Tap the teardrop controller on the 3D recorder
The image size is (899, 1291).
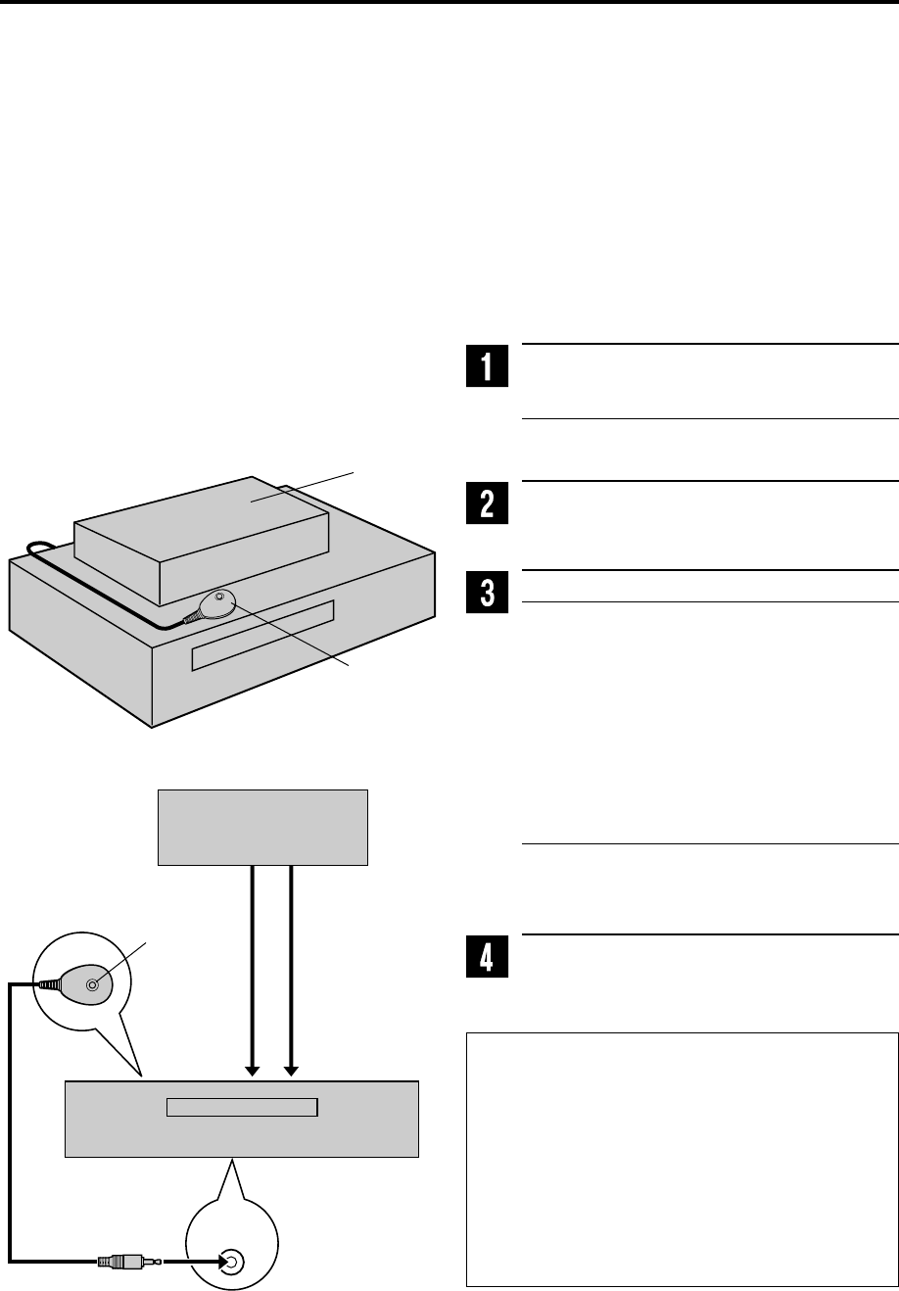pyautogui.click(x=216, y=602)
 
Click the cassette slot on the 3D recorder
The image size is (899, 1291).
pyautogui.click(x=262, y=636)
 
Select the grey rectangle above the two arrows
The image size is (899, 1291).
pyautogui.click(x=262, y=827)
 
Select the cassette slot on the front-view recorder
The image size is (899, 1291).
pyautogui.click(x=242, y=1107)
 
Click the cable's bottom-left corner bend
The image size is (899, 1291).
pyautogui.click(x=12, y=1260)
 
